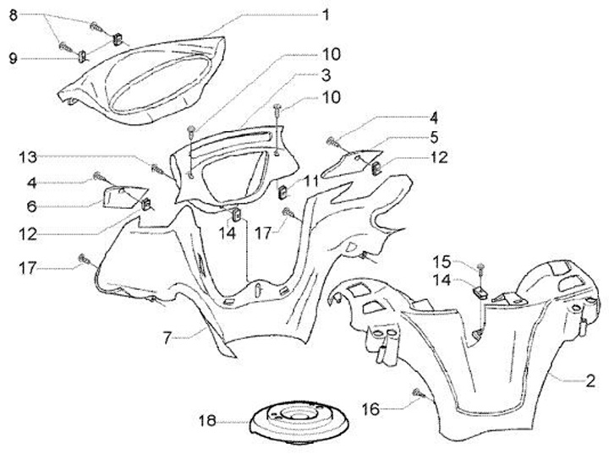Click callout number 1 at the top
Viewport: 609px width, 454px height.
tap(326, 14)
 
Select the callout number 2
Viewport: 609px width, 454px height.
tap(591, 381)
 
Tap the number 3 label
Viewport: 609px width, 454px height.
tap(326, 75)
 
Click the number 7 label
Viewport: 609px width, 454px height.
tap(168, 337)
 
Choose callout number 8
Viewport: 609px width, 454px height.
tap(12, 15)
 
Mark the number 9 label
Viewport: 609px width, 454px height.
tap(13, 58)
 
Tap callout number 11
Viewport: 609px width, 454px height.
tap(311, 180)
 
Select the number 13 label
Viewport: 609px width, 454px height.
tap(27, 156)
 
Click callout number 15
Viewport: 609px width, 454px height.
tap(442, 260)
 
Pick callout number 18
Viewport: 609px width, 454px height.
tap(207, 420)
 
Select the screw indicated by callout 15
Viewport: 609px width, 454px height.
tap(480, 269)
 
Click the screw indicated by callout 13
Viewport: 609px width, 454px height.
tap(156, 167)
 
